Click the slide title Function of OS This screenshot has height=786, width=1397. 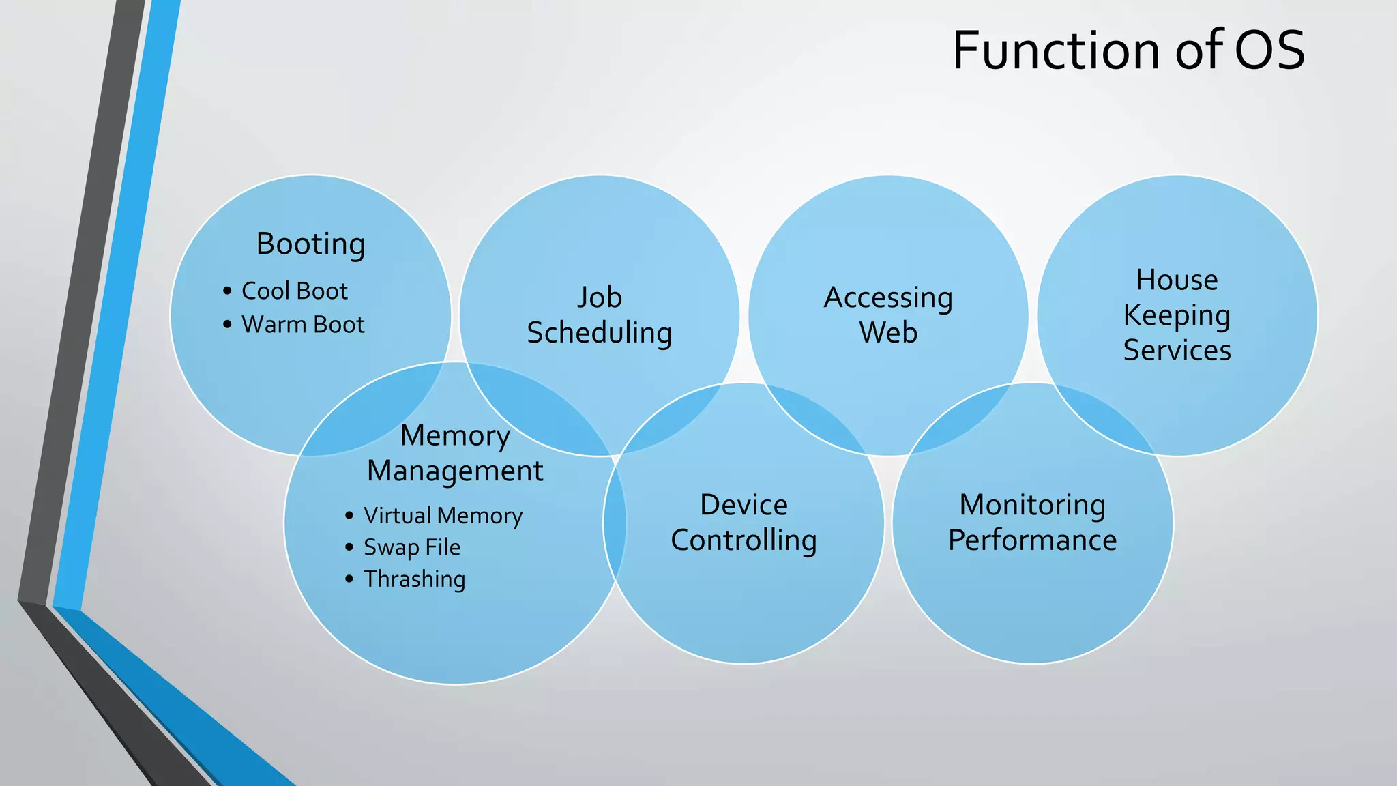(1128, 50)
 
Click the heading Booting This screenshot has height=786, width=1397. (310, 244)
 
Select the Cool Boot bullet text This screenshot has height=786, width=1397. (295, 291)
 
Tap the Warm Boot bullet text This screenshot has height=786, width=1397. (303, 325)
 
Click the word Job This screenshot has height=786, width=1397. (600, 298)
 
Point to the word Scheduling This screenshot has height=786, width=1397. (600, 334)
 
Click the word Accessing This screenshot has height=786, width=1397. (888, 298)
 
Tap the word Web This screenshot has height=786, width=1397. (888, 334)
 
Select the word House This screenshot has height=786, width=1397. (1177, 280)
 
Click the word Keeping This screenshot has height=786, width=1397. (1177, 316)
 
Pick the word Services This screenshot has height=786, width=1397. (1177, 351)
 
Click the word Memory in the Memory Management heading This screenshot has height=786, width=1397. (455, 436)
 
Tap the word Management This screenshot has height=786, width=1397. (455, 471)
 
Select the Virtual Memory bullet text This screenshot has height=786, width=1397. (443, 516)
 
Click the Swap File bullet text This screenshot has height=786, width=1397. (412, 547)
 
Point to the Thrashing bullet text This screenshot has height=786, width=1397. (415, 579)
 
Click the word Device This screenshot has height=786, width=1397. (744, 506)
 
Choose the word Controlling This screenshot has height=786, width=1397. (744, 540)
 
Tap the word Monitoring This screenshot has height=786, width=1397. (1032, 506)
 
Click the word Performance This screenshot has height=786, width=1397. (1032, 540)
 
